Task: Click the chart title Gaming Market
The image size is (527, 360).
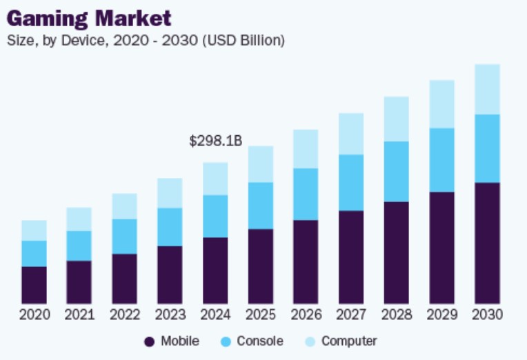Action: [89, 17]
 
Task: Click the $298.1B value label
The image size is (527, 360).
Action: [215, 141]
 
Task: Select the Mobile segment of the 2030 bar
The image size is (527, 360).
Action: [487, 243]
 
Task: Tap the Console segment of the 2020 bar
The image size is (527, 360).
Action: [34, 253]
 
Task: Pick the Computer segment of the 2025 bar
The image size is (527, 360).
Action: [261, 164]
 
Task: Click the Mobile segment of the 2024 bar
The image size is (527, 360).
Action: [215, 270]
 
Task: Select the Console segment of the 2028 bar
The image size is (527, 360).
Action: [396, 171]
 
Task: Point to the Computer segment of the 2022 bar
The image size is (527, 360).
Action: [125, 206]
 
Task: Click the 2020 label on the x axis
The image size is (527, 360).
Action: [34, 314]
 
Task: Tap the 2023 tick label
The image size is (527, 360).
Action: [170, 314]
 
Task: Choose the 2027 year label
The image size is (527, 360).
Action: [351, 314]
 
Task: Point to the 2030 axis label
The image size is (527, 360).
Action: [487, 314]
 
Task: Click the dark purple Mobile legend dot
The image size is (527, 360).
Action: [149, 341]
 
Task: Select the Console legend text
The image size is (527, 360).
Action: [260, 341]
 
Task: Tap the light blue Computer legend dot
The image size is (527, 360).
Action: [310, 341]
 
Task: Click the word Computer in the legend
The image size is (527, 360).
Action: [349, 341]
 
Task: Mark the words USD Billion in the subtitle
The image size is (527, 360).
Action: [248, 41]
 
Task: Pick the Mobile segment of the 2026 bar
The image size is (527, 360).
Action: [306, 262]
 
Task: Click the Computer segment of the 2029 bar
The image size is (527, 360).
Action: [441, 104]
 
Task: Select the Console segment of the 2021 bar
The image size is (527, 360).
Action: [79, 246]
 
